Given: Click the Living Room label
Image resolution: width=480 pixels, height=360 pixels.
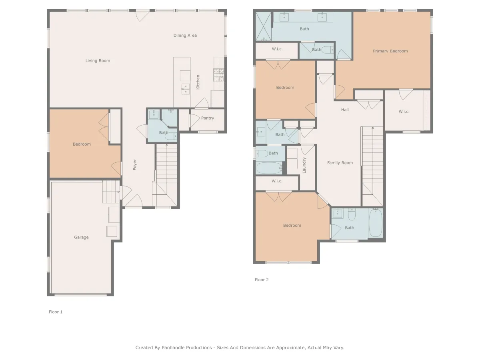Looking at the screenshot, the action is coord(98,61).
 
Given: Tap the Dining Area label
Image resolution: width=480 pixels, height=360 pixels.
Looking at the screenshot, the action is coord(185,36).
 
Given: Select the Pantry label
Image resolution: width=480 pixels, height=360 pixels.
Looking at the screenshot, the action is coord(208,118).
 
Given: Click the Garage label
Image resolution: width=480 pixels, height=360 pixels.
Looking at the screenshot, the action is coord(81,237).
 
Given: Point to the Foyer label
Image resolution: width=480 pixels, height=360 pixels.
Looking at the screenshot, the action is coord(135,164).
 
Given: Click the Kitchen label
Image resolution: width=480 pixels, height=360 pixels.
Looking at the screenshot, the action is coord(198,82).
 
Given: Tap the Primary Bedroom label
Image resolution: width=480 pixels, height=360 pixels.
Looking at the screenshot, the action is coord(390,51).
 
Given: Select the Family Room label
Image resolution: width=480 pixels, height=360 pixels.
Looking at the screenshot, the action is coord(340,163).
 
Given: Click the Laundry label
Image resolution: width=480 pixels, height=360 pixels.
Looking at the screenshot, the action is coord(304,165).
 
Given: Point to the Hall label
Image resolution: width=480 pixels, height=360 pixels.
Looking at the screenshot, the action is coord(345,110).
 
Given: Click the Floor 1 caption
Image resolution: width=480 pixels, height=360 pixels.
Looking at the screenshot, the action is coord(56,312).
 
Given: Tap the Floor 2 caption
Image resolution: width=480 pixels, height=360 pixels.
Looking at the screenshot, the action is coord(262,280).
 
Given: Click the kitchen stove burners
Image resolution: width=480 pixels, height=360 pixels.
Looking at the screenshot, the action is coord(218,75).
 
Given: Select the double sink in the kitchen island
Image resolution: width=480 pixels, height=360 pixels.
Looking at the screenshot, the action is coord(186,89).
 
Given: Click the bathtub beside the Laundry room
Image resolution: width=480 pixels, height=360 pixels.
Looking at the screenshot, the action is coord(269,168).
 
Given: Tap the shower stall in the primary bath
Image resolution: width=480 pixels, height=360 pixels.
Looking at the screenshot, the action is coord(264,26).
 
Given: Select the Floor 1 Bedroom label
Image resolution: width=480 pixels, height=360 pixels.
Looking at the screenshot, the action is coord(82,144).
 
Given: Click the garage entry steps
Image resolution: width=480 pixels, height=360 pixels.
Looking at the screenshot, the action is coord(111,192).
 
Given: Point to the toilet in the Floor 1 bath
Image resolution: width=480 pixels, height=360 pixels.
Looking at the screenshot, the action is coord(171,136).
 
